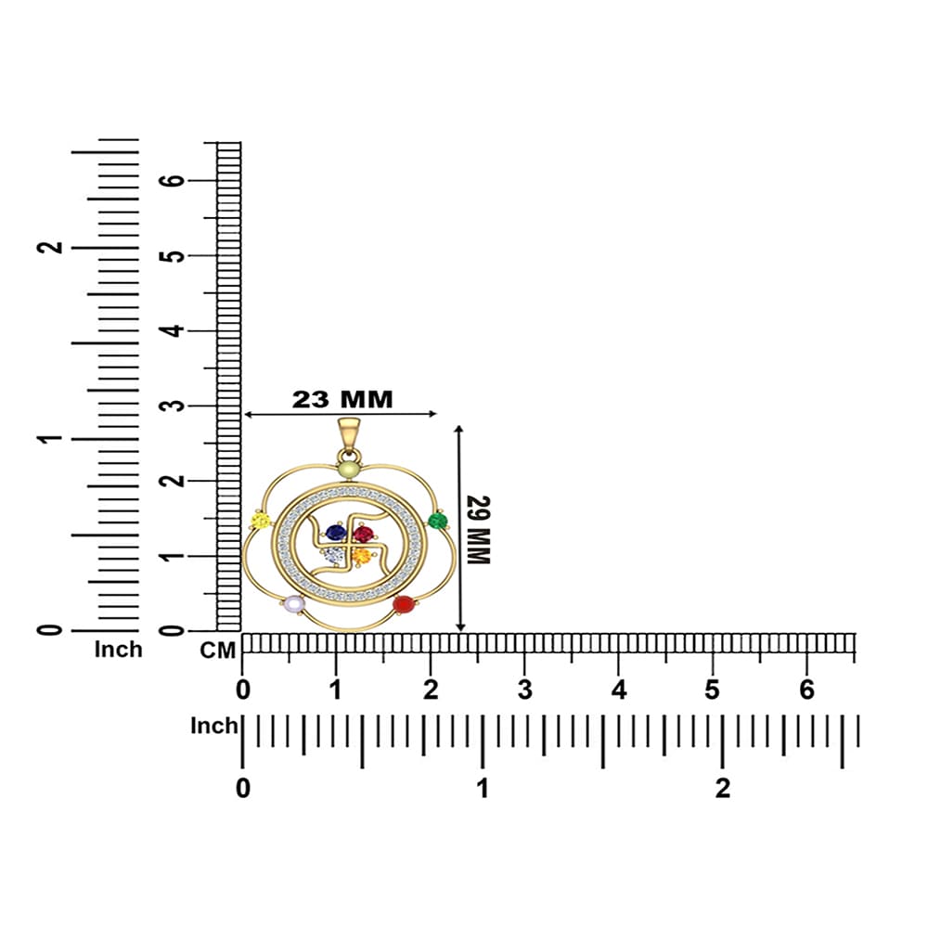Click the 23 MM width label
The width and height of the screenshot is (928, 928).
[342, 399]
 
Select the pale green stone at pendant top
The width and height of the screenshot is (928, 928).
[349, 470]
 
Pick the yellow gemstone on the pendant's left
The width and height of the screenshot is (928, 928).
[261, 522]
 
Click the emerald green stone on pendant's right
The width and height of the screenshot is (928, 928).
[437, 521]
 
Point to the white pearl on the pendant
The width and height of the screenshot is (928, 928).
[294, 604]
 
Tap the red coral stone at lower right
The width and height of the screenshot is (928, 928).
[403, 604]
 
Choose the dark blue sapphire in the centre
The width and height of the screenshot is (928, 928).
[336, 534]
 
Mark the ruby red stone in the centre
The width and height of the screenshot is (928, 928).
[363, 535]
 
